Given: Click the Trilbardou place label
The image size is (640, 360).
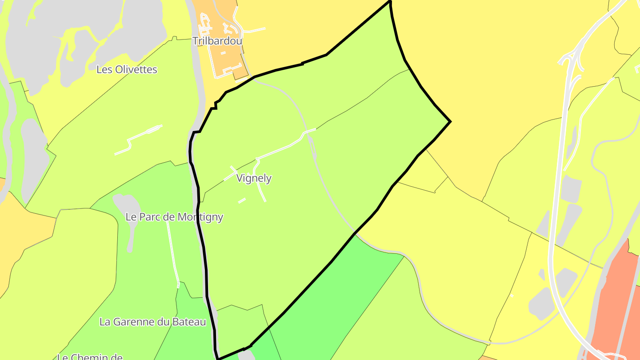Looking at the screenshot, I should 217,41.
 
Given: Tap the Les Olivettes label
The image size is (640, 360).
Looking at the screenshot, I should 127,70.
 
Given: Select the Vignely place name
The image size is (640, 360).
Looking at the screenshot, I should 254,178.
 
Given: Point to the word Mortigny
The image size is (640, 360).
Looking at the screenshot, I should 200,217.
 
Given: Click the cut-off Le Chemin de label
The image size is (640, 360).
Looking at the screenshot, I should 90,356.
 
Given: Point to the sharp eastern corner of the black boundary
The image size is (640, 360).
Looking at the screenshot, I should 450,121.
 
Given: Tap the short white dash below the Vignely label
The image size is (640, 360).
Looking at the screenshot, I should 242,200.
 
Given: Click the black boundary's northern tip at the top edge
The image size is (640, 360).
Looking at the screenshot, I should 390,2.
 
